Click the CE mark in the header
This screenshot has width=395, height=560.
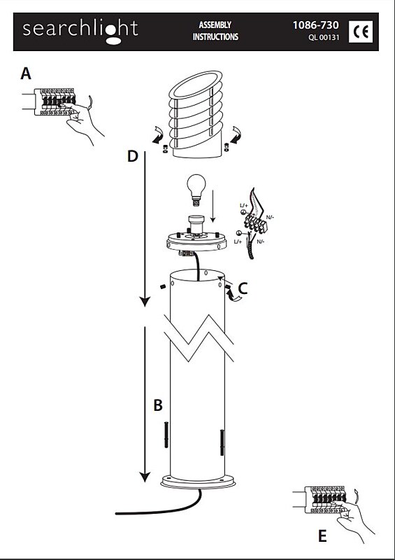[x=360, y=31]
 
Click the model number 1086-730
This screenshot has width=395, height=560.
[x=315, y=25]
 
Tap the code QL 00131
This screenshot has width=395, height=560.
[x=324, y=38]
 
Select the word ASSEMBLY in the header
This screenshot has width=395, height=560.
[x=215, y=25]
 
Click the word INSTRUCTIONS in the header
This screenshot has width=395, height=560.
[x=215, y=37]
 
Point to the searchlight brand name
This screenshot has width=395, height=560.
[x=80, y=30]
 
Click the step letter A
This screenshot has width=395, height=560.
[x=26, y=74]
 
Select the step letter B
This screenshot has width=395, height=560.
[x=158, y=406]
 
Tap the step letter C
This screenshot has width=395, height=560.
[x=243, y=288]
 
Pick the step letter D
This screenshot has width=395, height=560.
[x=132, y=156]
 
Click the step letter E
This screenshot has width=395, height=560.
[x=322, y=536]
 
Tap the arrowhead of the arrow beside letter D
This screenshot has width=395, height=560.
[x=145, y=302]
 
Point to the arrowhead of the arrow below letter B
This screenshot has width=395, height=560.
[x=145, y=477]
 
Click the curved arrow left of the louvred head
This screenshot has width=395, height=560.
[x=159, y=135]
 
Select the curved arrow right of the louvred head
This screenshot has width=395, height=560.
[x=236, y=135]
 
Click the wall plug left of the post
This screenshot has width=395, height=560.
[x=166, y=434]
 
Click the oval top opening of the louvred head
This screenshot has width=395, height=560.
[x=196, y=85]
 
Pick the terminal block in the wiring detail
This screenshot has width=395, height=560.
[x=255, y=223]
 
